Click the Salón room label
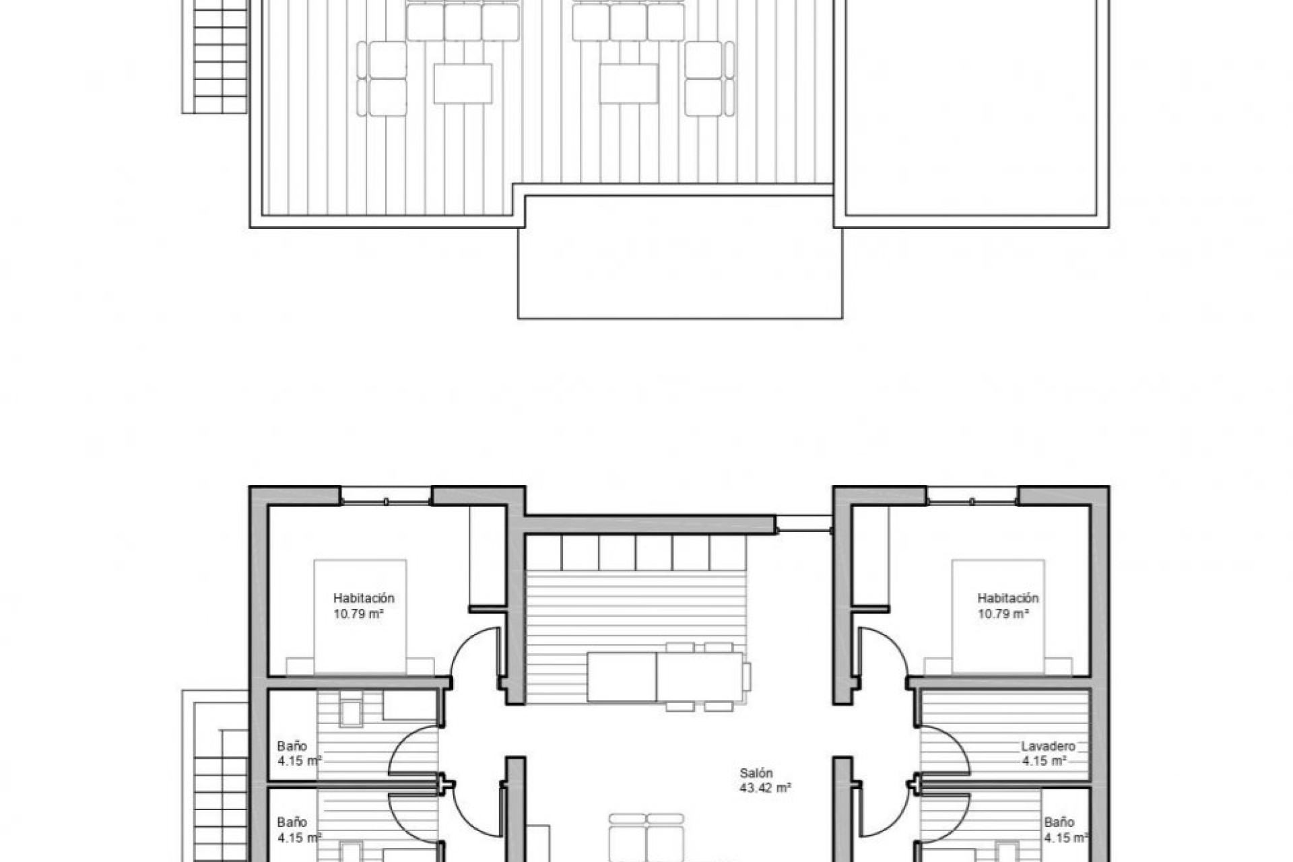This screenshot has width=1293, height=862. (756, 773)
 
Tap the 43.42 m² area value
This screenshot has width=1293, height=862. (765, 787)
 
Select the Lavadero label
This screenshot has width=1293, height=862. (1048, 746)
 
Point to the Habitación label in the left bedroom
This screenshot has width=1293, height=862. (364, 598)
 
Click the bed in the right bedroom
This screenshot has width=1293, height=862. (997, 616)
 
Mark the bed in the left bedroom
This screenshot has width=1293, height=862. (360, 616)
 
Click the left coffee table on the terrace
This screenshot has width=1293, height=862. (463, 84)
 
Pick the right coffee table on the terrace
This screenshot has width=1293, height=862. (628, 84)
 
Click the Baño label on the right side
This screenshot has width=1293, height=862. (1059, 822)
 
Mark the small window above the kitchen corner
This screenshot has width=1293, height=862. (804, 524)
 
